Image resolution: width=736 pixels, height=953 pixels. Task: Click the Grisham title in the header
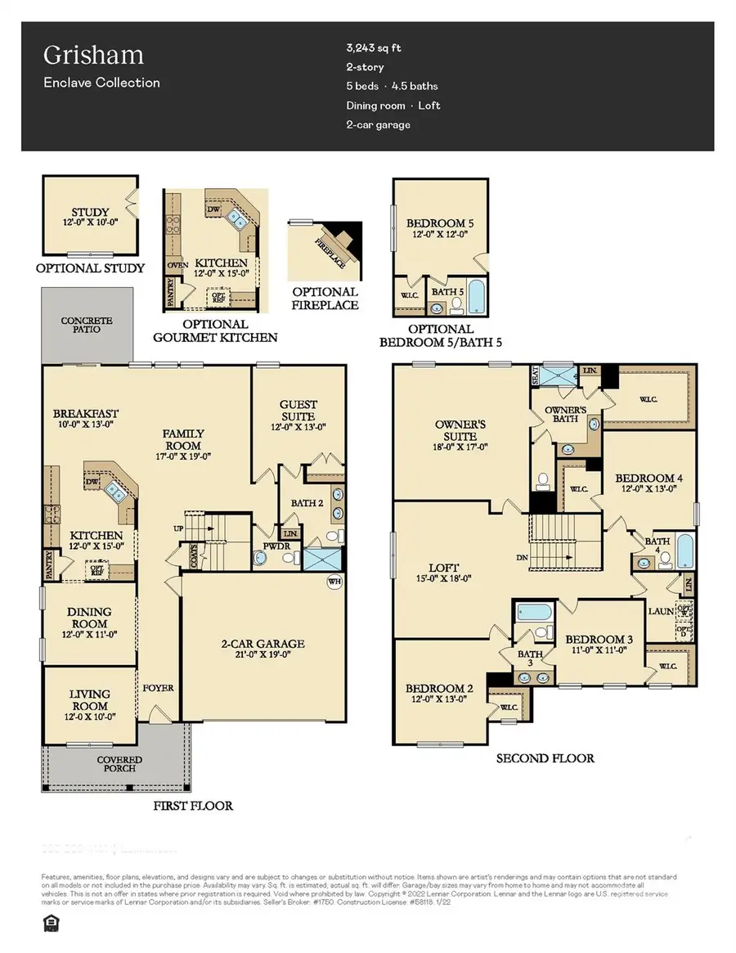click(x=82, y=56)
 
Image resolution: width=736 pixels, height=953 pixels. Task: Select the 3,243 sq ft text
click(x=375, y=48)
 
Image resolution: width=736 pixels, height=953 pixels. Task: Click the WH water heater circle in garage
click(x=334, y=582)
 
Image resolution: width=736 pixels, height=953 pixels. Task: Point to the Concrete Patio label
click(x=86, y=325)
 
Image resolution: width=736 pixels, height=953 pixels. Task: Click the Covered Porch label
click(x=119, y=764)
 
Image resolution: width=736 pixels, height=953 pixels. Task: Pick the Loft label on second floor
click(x=443, y=567)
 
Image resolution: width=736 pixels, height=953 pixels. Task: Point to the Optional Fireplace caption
click(x=325, y=298)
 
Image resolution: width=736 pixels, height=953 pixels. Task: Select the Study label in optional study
click(x=90, y=213)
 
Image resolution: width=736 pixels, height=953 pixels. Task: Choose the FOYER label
click(x=158, y=688)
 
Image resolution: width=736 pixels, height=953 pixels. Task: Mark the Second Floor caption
click(x=545, y=758)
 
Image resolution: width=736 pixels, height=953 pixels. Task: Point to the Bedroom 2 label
click(x=439, y=689)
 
